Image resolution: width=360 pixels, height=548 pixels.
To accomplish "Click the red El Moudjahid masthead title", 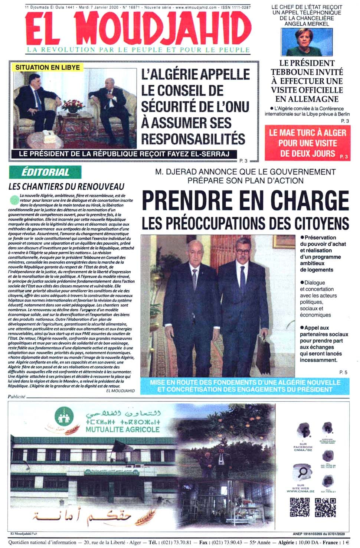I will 138,29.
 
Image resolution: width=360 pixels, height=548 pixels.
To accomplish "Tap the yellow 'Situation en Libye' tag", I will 48,67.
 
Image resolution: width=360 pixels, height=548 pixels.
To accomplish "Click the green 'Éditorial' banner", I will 45,172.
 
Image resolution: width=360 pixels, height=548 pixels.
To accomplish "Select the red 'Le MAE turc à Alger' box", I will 307,143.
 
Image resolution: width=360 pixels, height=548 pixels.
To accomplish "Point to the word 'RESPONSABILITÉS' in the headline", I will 193,139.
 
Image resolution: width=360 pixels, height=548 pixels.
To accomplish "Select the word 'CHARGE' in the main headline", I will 310,200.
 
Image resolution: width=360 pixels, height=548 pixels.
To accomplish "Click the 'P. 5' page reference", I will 343,372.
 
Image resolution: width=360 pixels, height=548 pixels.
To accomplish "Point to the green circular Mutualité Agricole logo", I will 64,417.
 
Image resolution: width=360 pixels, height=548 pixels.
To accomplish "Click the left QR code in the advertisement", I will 299,507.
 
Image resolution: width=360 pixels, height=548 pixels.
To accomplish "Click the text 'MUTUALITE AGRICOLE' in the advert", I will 122,430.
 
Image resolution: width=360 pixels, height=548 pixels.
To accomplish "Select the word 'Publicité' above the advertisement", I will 17,397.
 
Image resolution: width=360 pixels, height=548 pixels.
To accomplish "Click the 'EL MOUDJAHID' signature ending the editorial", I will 120,391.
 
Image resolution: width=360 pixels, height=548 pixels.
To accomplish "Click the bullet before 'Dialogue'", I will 302,283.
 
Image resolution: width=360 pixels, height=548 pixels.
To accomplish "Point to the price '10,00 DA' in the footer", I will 311,542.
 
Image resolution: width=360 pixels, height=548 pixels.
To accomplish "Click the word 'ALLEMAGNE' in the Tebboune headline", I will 307,99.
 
